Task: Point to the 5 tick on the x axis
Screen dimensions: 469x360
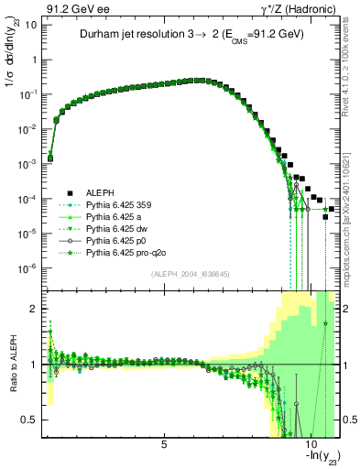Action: click(164, 445)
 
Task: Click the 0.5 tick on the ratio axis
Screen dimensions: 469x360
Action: click(33, 420)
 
